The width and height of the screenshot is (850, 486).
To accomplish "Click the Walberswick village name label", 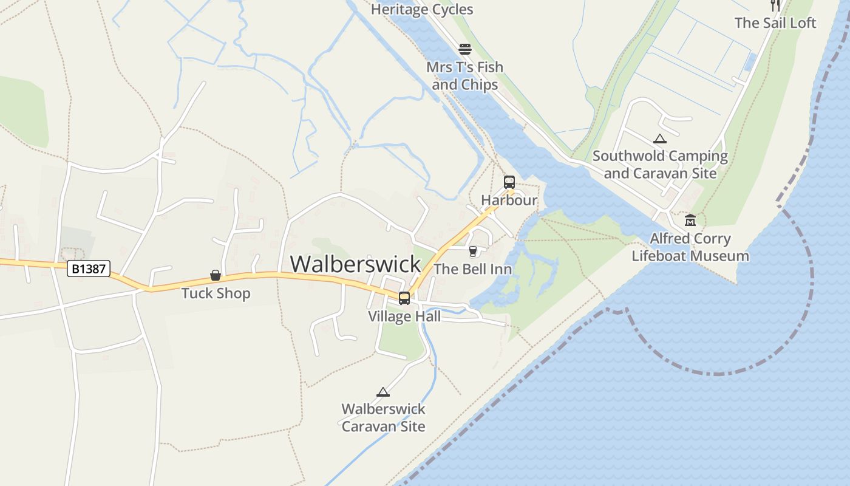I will tap(355, 264).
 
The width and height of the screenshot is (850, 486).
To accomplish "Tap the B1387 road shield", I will tap(89, 269).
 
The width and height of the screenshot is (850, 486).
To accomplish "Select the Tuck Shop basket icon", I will tap(216, 275).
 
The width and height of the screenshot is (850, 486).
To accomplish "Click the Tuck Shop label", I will tap(216, 293).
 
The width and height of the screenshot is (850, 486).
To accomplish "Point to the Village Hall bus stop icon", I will tap(404, 298).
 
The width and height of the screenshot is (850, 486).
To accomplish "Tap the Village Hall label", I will tap(404, 317).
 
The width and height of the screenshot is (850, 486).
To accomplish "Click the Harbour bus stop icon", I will tap(509, 182).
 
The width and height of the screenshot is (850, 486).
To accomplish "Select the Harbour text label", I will tap(509, 200).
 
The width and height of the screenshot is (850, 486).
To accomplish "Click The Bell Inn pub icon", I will tap(473, 251).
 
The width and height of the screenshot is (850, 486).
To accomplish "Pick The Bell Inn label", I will tap(473, 269).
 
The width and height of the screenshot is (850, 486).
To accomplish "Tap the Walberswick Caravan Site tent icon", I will tap(382, 392).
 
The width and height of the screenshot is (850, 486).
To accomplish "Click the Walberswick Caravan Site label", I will tap(383, 417).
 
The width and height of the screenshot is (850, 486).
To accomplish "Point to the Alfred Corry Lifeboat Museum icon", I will tap(690, 220).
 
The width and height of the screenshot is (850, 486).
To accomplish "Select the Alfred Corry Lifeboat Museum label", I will tap(690, 247).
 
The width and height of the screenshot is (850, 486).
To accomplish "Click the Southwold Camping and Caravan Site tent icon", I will tap(660, 139).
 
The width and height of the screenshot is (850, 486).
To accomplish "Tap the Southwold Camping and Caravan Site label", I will tap(660, 164).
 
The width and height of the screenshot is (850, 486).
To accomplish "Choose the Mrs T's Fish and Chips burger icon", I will tap(465, 49).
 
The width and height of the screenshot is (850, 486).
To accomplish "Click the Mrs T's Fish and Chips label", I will tap(465, 75).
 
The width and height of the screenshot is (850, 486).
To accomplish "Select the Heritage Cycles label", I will tap(422, 9).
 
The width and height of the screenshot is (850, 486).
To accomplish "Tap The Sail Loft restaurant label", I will tap(775, 22).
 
